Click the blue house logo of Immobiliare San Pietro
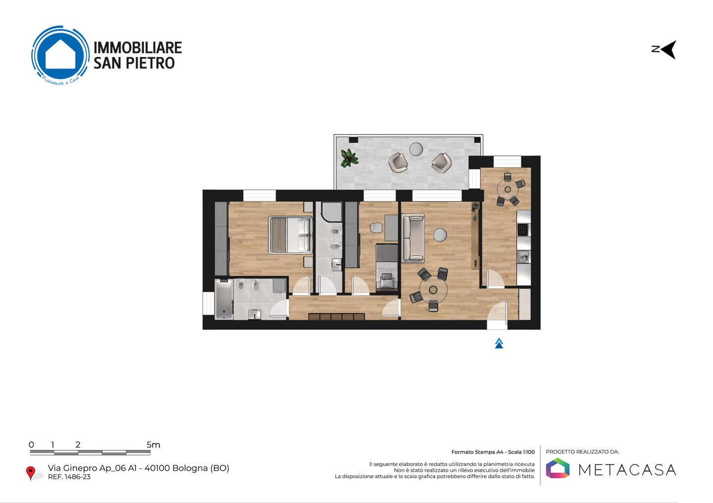tap(60, 55)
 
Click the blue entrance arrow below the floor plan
tap(499, 343)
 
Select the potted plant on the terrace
tap(349, 158)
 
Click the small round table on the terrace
tap(416, 149)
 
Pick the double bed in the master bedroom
tap(290, 235)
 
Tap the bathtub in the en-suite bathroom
tap(224, 300)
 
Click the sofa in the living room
tap(413, 238)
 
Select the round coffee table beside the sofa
tap(440, 235)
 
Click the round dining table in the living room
tap(433, 290)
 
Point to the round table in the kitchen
tap(508, 189)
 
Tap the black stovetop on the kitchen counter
tap(523, 229)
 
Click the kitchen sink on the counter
tap(523, 257)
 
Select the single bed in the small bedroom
tap(387, 268)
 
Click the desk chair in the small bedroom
tap(376, 228)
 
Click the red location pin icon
tap(31, 473)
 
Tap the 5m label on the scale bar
tap(153, 445)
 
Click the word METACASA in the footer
tap(627, 470)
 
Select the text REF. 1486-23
tap(69, 477)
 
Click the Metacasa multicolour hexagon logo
tap(558, 468)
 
